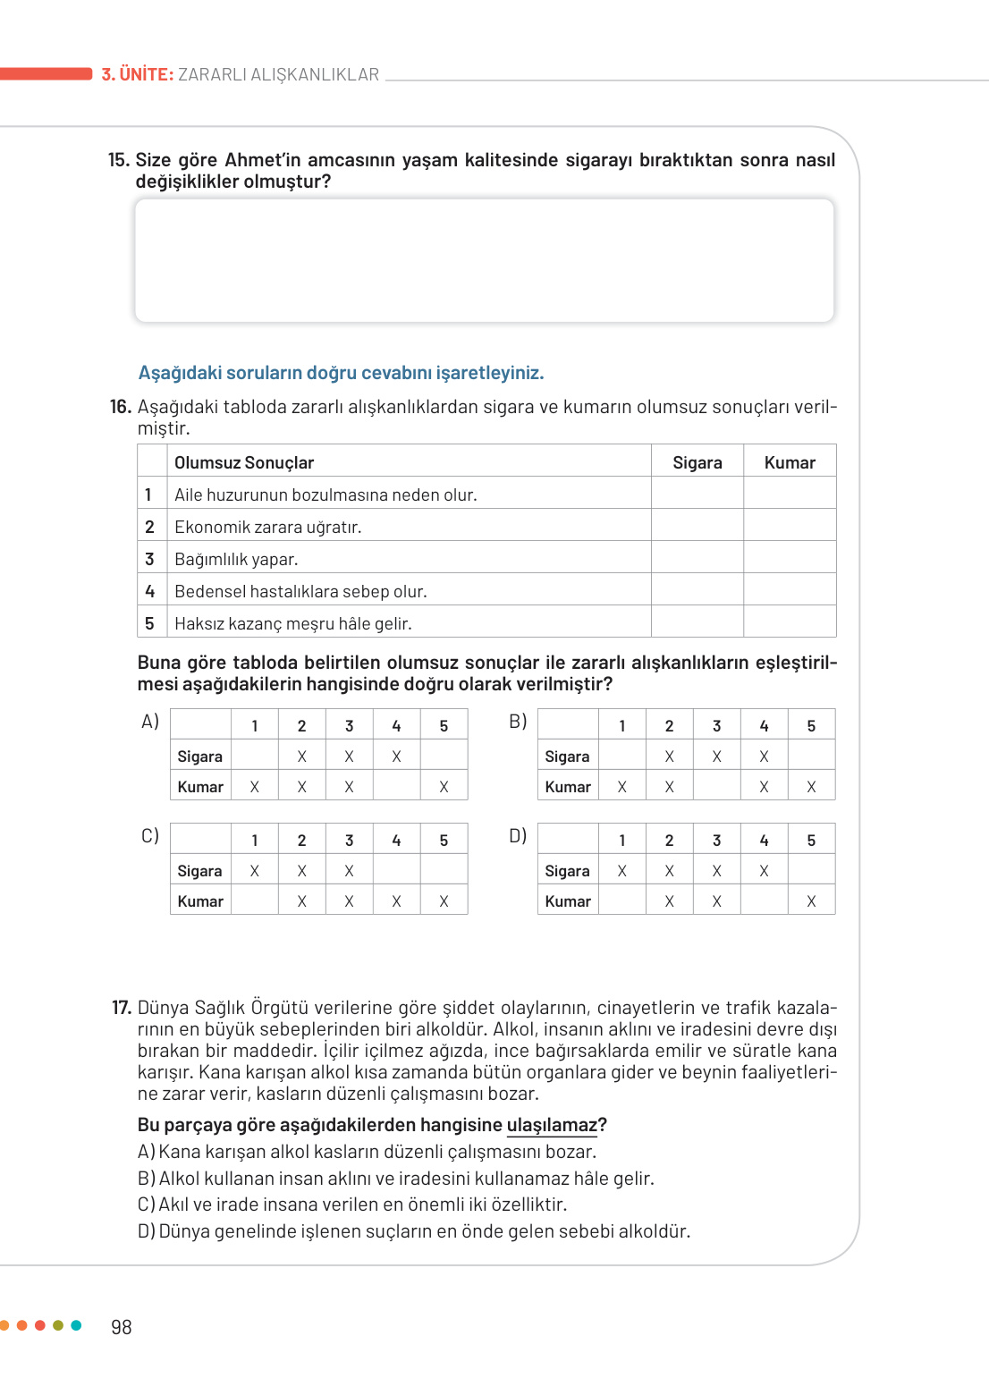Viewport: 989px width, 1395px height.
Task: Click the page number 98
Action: pyautogui.click(x=121, y=1327)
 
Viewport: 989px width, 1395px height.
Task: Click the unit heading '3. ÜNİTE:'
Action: pyautogui.click(x=137, y=74)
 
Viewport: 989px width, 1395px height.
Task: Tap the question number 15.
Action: pyautogui.click(x=118, y=160)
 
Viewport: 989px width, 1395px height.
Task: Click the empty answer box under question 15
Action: pyautogui.click(x=484, y=260)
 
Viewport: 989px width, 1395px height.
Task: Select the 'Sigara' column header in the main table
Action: pyautogui.click(x=697, y=462)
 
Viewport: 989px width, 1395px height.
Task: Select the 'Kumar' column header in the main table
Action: pyautogui.click(x=790, y=462)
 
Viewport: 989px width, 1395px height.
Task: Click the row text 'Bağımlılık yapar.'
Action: pyautogui.click(x=236, y=559)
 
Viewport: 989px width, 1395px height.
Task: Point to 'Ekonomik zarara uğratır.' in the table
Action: pyautogui.click(x=267, y=527)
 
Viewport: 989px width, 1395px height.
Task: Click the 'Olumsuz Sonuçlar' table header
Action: pyautogui.click(x=244, y=462)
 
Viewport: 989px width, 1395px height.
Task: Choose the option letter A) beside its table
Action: pyautogui.click(x=150, y=722)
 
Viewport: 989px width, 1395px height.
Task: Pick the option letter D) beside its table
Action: pyautogui.click(x=518, y=836)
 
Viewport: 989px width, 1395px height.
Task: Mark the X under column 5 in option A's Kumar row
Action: pyautogui.click(x=444, y=787)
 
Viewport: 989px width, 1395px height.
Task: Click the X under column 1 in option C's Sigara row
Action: pyautogui.click(x=255, y=871)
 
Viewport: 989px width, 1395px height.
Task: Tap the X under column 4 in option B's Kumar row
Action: pyautogui.click(x=764, y=787)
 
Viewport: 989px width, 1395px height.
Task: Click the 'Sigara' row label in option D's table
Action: pyautogui.click(x=567, y=871)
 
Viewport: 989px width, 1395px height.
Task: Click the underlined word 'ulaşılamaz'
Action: pyautogui.click(x=552, y=1125)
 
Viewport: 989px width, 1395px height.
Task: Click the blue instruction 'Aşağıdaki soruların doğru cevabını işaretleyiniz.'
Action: pyautogui.click(x=341, y=373)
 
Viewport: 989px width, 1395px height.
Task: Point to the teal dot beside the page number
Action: pyautogui.click(x=76, y=1325)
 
